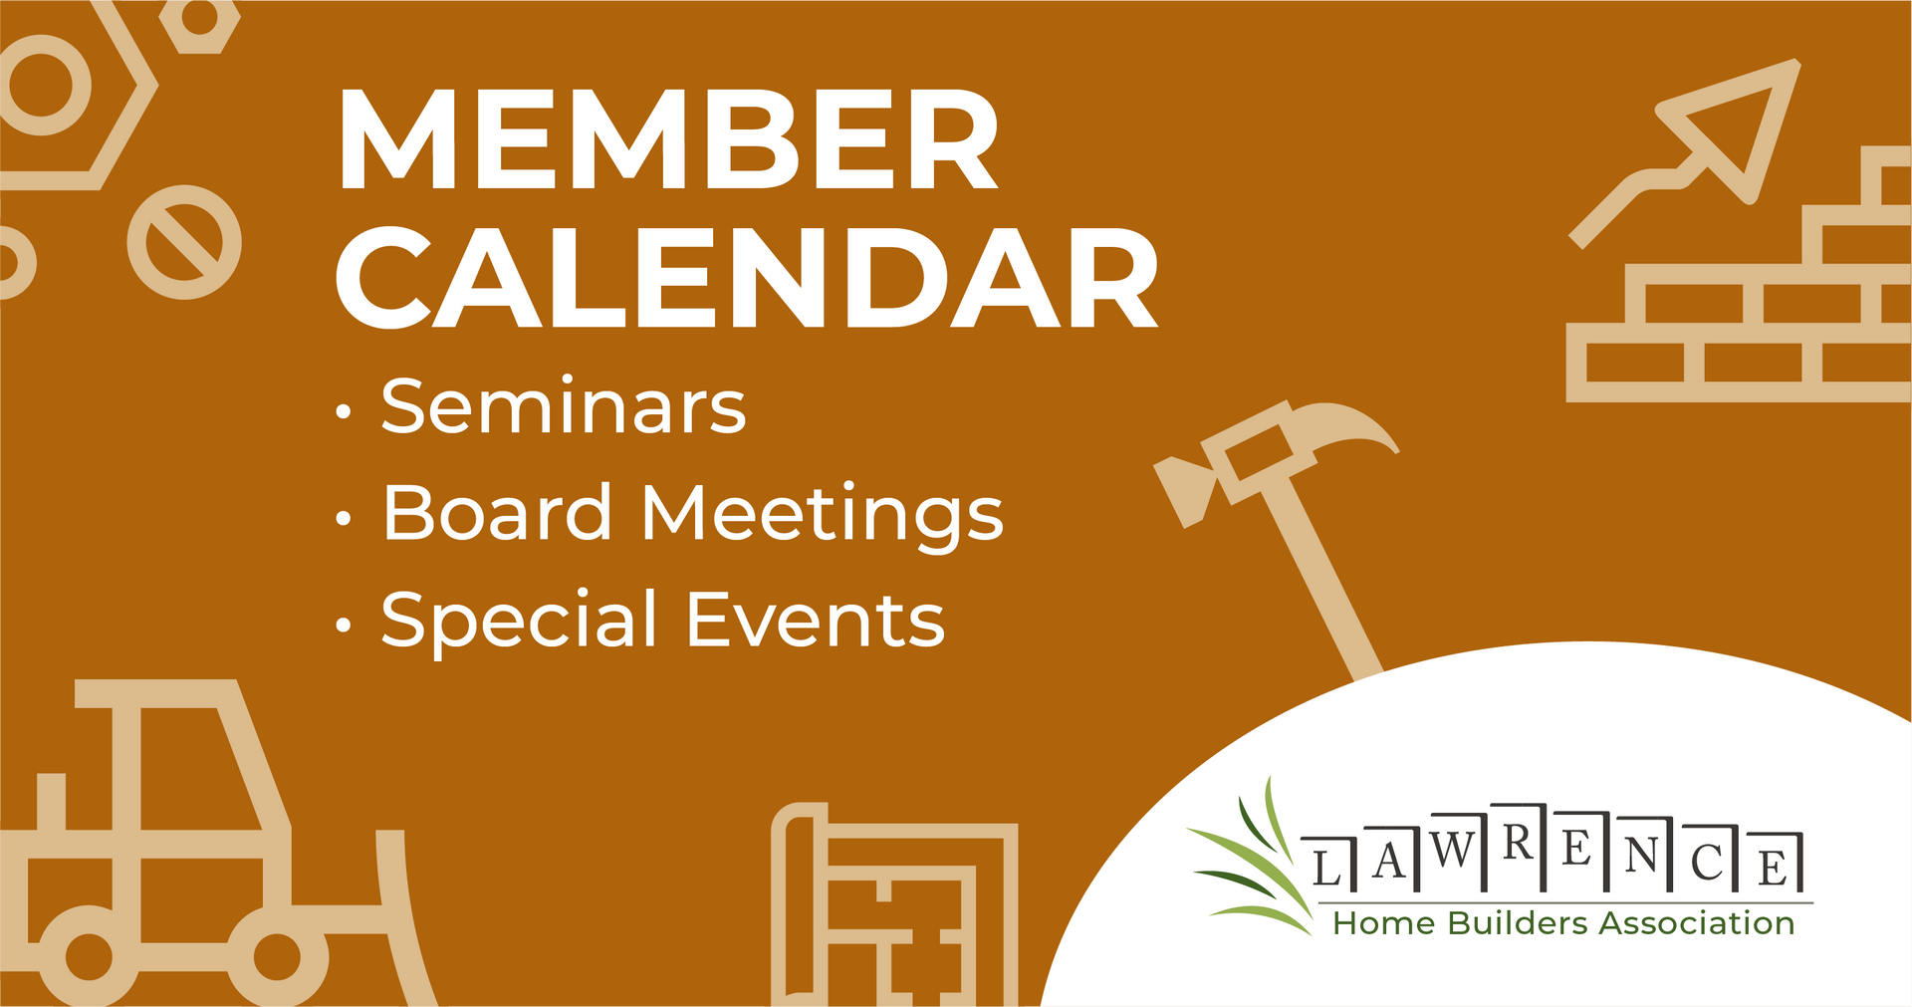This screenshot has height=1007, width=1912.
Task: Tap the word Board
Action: [497, 513]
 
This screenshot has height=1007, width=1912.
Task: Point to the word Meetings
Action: [822, 515]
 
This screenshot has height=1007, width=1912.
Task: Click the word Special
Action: [519, 620]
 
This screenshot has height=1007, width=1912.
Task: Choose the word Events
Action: [815, 620]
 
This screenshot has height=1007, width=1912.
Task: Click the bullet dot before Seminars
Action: [344, 411]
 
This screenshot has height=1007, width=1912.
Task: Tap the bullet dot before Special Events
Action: [344, 626]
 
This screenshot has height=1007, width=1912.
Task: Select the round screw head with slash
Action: [184, 242]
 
